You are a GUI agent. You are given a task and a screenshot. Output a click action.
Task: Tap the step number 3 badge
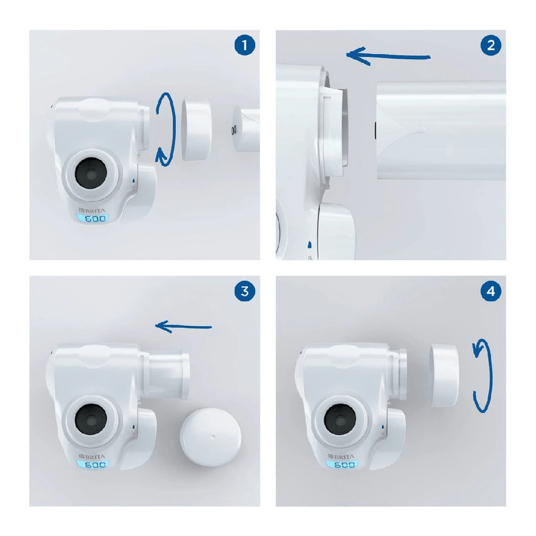coord(245,291)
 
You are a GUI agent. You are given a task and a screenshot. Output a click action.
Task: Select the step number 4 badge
coord(490,291)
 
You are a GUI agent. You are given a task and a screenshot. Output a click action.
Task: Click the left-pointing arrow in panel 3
coord(183,326)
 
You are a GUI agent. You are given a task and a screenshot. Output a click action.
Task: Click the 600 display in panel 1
coord(95,219)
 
